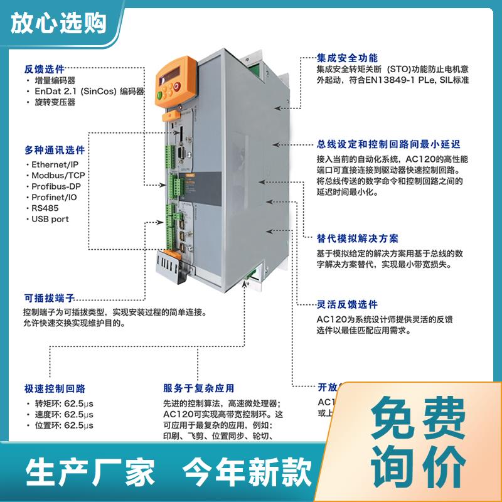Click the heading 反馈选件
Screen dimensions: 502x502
coord(44,68)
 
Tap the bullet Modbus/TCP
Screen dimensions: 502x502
coord(58,175)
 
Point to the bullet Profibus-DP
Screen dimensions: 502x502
coord(58,186)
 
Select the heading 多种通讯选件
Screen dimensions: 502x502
coord(55,151)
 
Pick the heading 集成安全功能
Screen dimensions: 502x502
coord(348,56)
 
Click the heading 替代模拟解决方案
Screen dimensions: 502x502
coord(357,238)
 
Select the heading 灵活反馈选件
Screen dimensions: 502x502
coord(347,304)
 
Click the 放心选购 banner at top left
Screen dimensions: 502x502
coord(58,23)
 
